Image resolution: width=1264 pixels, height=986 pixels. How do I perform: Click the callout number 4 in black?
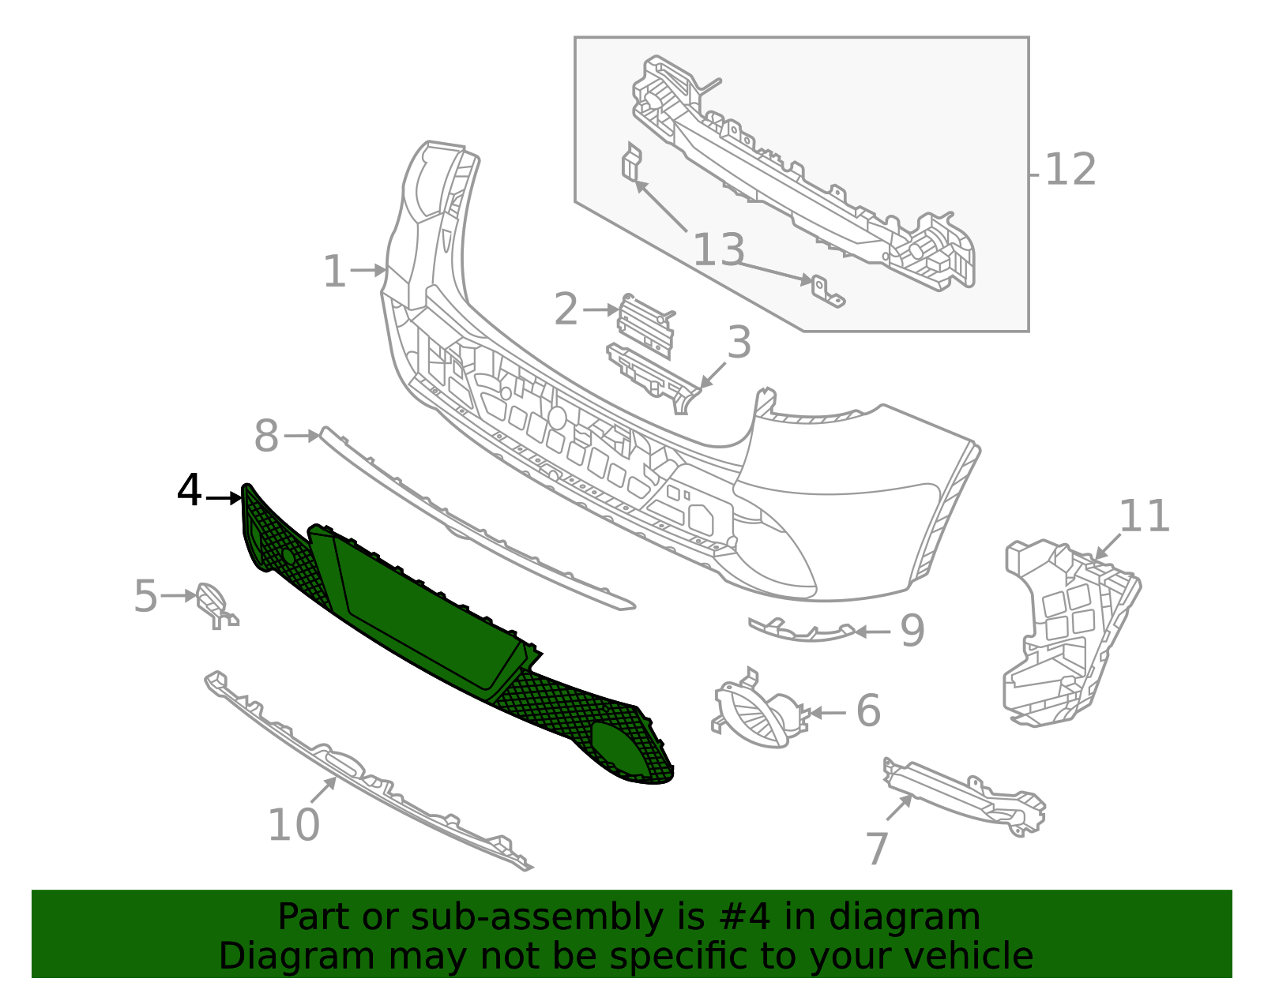[x=190, y=491]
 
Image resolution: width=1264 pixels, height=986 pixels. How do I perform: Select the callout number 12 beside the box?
[x=1070, y=171]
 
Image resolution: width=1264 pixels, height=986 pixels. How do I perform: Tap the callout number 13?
[x=718, y=250]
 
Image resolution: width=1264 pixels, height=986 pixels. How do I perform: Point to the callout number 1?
[x=335, y=272]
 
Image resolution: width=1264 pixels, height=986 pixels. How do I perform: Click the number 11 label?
[x=1144, y=517]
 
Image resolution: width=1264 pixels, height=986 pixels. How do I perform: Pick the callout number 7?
[x=877, y=849]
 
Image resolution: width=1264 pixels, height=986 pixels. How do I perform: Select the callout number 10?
[x=294, y=825]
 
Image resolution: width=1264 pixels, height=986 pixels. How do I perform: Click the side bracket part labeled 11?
[x=1066, y=632]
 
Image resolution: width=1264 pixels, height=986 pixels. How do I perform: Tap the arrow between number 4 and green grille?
[x=224, y=497]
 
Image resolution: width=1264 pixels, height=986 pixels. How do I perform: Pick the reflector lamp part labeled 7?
[x=964, y=793]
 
